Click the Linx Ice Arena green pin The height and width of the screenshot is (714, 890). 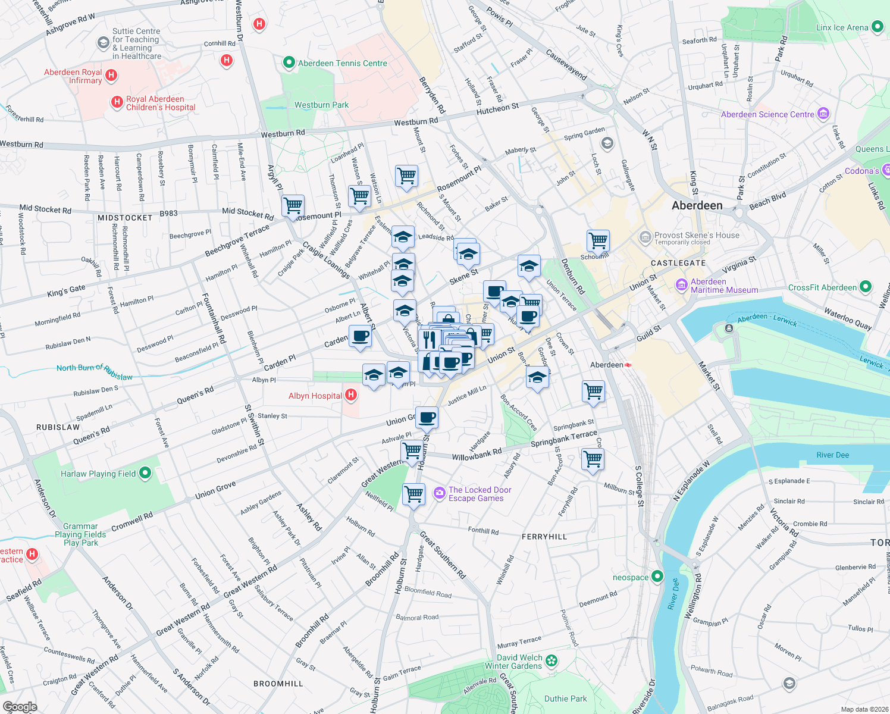pyautogui.click(x=877, y=27)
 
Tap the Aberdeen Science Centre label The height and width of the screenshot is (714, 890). pyautogui.click(x=767, y=114)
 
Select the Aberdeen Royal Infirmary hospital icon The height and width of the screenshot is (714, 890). pyautogui.click(x=111, y=76)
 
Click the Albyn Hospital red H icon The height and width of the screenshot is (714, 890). pyautogui.click(x=351, y=394)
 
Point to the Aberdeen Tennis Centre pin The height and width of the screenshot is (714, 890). pyautogui.click(x=289, y=62)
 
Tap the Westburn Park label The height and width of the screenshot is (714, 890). pyautogui.click(x=321, y=105)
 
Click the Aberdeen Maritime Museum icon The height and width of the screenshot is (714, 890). pyautogui.click(x=681, y=286)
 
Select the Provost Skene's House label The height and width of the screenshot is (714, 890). pyautogui.click(x=697, y=235)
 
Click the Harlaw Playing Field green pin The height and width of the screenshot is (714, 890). pyautogui.click(x=145, y=473)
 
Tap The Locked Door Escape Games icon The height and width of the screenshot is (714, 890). pyautogui.click(x=439, y=493)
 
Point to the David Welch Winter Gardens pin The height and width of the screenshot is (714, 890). pyautogui.click(x=551, y=660)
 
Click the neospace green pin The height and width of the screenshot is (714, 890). pyautogui.click(x=657, y=576)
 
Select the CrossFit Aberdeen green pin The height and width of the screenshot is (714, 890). pyautogui.click(x=866, y=287)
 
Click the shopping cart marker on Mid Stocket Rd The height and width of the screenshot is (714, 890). pyautogui.click(x=293, y=206)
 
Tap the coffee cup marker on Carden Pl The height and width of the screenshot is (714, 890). pyautogui.click(x=360, y=337)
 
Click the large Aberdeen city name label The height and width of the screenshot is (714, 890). pyautogui.click(x=697, y=205)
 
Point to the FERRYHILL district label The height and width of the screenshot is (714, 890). pyautogui.click(x=544, y=537)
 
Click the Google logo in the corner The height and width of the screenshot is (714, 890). pyautogui.click(x=20, y=706)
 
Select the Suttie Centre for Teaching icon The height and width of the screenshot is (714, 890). pyautogui.click(x=103, y=43)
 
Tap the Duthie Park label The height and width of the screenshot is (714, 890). pyautogui.click(x=565, y=699)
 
